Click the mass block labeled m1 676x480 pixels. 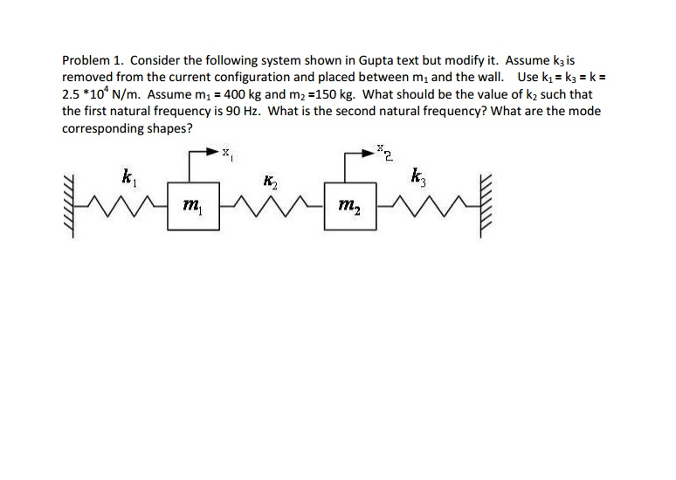pyautogui.click(x=192, y=206)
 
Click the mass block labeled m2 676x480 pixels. pyautogui.click(x=348, y=206)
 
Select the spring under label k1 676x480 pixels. pyautogui.click(x=128, y=207)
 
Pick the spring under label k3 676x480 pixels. pyautogui.click(x=417, y=207)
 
